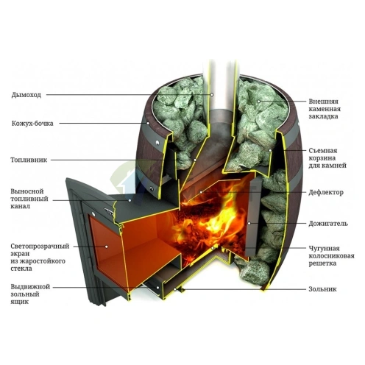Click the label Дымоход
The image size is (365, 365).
(x=26, y=95)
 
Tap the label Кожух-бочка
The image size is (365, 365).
(x=32, y=123)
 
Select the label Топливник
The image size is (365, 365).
(x=29, y=160)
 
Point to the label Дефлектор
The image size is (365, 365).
(x=326, y=192)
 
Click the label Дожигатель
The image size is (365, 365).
(x=328, y=224)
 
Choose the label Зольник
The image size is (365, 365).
(x=322, y=289)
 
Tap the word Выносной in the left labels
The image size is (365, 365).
(x=27, y=191)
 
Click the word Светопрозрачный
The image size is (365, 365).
(x=40, y=247)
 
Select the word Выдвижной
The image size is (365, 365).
(x=30, y=287)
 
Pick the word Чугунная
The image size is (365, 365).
(x=324, y=249)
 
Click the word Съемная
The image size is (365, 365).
(x=323, y=150)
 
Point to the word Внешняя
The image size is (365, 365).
(x=323, y=102)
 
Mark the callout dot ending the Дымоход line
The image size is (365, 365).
(x=212, y=95)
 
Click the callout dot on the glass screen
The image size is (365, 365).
(x=107, y=247)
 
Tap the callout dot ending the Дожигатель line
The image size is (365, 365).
(x=249, y=224)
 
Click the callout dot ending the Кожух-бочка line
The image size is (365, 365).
(x=148, y=123)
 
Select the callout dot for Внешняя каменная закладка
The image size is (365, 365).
(x=258, y=102)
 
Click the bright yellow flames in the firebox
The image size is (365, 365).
(x=211, y=221)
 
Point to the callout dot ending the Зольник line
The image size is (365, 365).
(x=175, y=289)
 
